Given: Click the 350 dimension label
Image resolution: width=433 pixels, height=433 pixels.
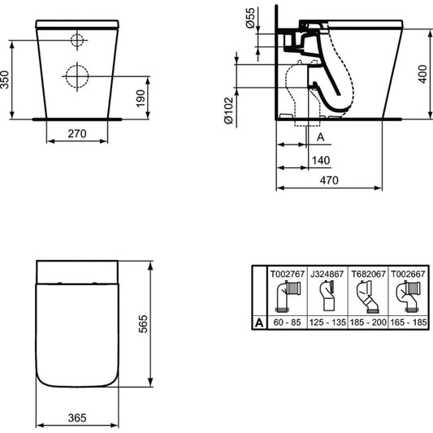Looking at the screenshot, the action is click(x=5, y=80).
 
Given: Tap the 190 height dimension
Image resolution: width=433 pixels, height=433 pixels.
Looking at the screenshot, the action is click(x=141, y=98).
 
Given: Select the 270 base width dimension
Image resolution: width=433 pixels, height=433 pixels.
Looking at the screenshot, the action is click(x=77, y=134).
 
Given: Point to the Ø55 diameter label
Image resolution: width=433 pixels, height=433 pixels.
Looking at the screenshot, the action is click(x=250, y=18).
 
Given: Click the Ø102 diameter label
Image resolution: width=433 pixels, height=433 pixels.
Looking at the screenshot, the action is click(x=228, y=110).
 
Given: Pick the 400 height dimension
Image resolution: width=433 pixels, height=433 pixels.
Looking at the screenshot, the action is click(x=422, y=74).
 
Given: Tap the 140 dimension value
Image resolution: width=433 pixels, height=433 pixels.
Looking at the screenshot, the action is click(x=321, y=160).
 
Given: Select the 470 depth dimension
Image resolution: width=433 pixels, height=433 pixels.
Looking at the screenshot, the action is click(x=329, y=180).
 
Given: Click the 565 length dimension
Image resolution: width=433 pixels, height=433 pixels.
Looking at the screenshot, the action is click(x=143, y=324).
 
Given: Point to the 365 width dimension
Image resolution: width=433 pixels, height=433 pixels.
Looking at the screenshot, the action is click(x=77, y=418).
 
